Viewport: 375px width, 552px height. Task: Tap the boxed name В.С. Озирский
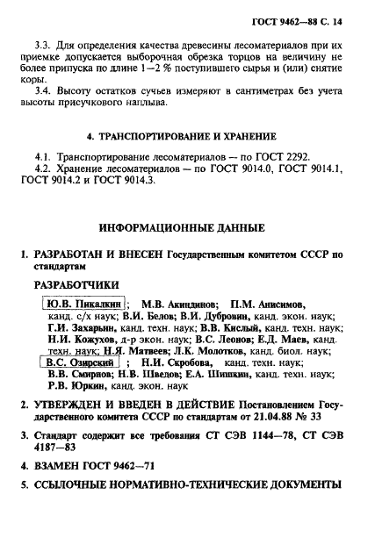click(x=82, y=360)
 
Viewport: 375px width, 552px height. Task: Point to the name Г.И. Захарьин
click(x=74, y=332)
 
